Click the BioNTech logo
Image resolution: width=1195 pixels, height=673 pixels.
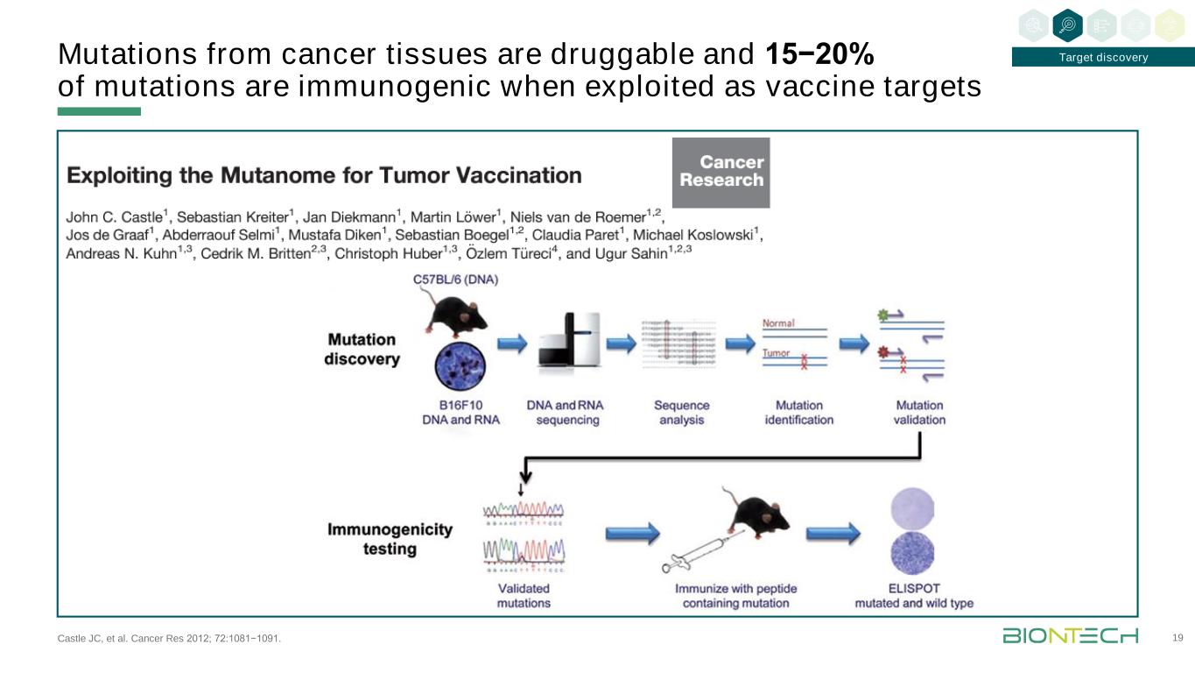(1070, 635)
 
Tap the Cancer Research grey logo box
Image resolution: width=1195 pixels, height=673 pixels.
(721, 173)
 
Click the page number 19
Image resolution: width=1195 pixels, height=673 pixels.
(1177, 638)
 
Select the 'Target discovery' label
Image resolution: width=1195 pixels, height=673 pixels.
(1102, 58)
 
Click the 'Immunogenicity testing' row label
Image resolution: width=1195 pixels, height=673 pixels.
(390, 539)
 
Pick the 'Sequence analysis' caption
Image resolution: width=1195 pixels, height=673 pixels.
(682, 413)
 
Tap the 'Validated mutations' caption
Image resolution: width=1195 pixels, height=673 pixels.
(524, 595)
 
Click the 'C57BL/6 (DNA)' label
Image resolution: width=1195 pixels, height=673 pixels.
(455, 280)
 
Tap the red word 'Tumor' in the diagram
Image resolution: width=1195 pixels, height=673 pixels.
(777, 353)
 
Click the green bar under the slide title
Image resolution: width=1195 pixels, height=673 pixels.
(99, 112)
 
